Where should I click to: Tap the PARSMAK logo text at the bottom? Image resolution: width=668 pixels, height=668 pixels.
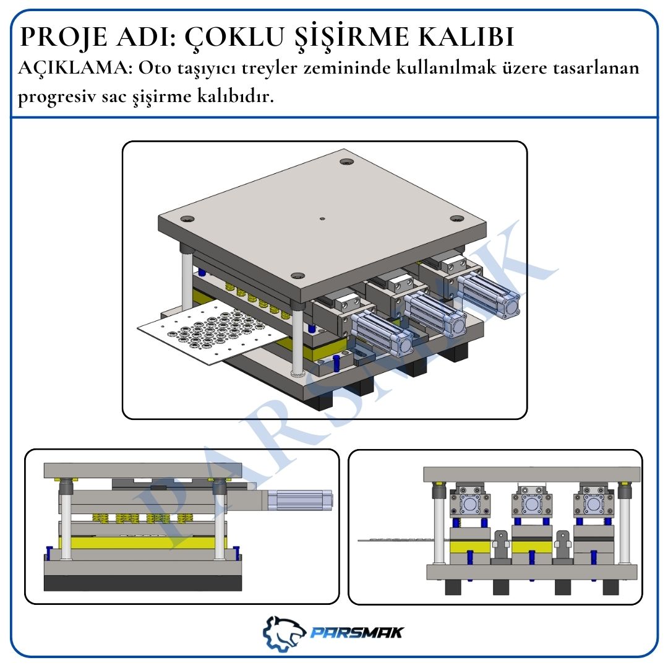[x=357, y=632]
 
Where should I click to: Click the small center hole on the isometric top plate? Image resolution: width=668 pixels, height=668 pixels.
[x=322, y=218]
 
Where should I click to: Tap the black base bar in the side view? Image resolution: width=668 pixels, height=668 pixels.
[x=143, y=583]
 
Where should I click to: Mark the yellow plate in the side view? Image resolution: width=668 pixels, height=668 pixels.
[x=142, y=543]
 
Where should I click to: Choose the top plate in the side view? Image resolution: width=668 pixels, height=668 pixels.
[x=143, y=470]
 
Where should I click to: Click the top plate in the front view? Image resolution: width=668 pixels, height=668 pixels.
[x=532, y=474]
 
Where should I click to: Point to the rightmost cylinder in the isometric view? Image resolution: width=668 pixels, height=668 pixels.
[x=489, y=291]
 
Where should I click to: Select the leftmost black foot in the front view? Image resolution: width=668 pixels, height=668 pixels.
[x=453, y=586]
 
